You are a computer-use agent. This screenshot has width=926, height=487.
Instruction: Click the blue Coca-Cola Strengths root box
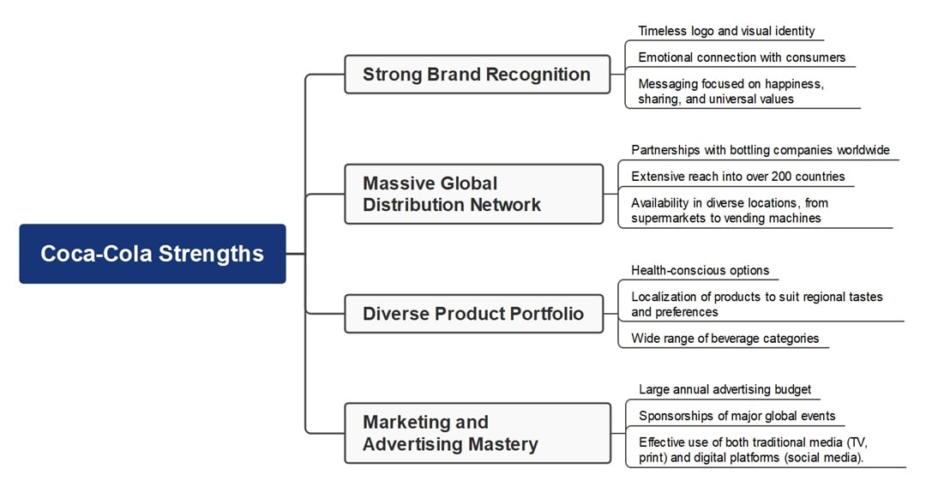[152, 254]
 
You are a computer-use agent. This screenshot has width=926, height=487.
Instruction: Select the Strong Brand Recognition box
[477, 75]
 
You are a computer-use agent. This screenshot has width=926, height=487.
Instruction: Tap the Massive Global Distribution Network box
[473, 194]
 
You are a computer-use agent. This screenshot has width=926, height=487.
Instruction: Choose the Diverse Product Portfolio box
[473, 314]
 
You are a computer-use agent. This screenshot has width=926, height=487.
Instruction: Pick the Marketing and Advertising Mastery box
[477, 433]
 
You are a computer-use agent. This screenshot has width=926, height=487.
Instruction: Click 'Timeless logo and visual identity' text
[725, 31]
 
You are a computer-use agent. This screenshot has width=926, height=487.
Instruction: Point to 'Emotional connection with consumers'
[742, 57]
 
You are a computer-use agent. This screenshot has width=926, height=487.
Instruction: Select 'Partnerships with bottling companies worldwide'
[761, 150]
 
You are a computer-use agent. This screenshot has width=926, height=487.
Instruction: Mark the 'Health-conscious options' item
[700, 270]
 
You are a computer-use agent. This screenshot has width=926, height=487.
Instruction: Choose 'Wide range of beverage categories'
[725, 338]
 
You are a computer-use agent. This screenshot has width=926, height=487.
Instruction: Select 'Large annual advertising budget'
[725, 389]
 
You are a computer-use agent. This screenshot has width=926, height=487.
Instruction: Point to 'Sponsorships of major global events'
[737, 416]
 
